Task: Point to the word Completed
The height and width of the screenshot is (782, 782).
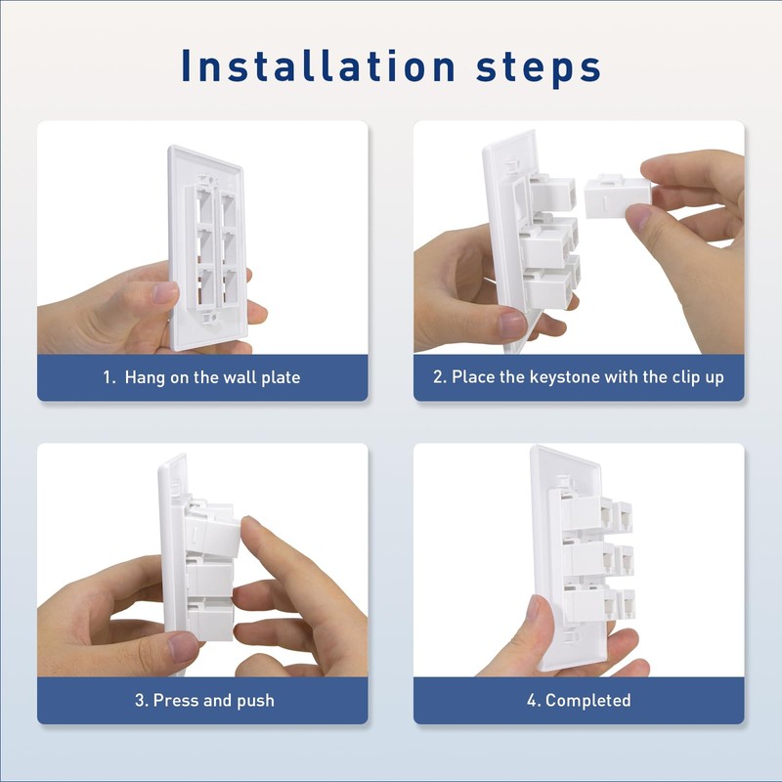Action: (587, 700)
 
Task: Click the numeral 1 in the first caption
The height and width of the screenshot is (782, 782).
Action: (108, 377)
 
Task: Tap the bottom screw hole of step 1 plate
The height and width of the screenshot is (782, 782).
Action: (207, 316)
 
